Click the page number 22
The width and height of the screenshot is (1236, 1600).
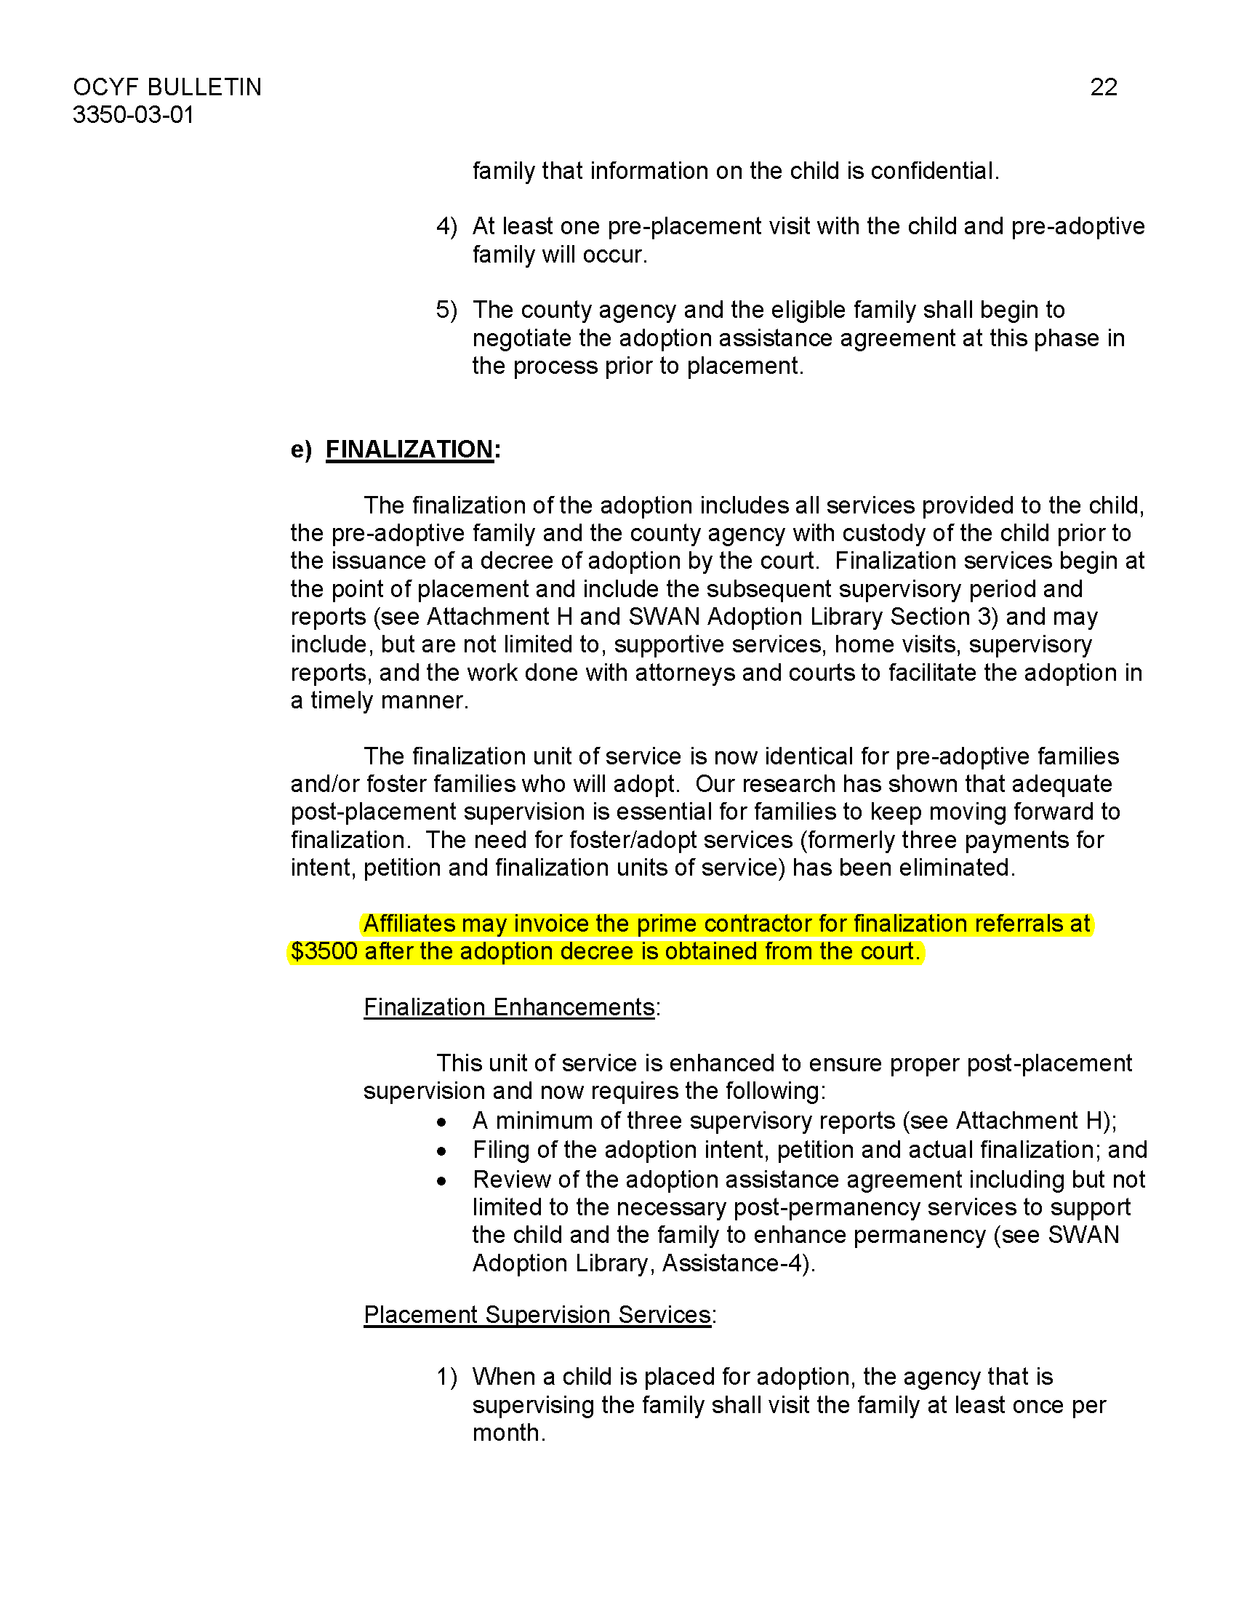(x=1104, y=87)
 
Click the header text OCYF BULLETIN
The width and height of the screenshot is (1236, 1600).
(x=167, y=87)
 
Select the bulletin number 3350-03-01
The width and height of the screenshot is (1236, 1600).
(x=133, y=115)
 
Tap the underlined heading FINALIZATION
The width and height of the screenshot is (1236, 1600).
(x=409, y=449)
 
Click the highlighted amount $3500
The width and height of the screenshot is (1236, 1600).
(x=324, y=952)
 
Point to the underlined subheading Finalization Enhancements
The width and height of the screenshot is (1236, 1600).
(x=509, y=1007)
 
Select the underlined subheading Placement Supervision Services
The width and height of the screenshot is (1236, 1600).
(x=537, y=1315)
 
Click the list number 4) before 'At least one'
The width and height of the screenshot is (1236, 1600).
(x=446, y=226)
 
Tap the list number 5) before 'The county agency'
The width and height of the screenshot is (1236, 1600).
(x=446, y=310)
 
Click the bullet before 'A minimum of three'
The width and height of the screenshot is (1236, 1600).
(x=441, y=1122)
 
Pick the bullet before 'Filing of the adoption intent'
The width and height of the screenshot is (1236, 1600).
(x=441, y=1152)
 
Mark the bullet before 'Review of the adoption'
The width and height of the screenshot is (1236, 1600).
(x=441, y=1181)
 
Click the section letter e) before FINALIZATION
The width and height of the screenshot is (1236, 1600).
(x=301, y=449)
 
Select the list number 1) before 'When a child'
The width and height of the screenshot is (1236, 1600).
(x=446, y=1377)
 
